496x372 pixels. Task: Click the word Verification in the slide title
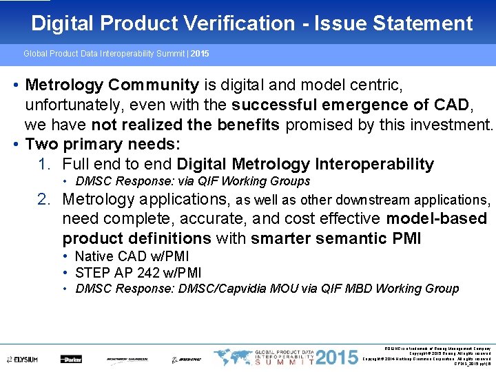click(235, 23)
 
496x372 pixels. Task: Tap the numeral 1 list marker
click(44, 165)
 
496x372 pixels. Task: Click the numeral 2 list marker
click(44, 200)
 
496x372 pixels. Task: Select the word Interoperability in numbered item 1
click(375, 165)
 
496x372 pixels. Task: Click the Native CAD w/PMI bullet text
click(132, 256)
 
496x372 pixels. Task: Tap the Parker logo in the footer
click(71, 359)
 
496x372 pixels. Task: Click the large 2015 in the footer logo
click(338, 358)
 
